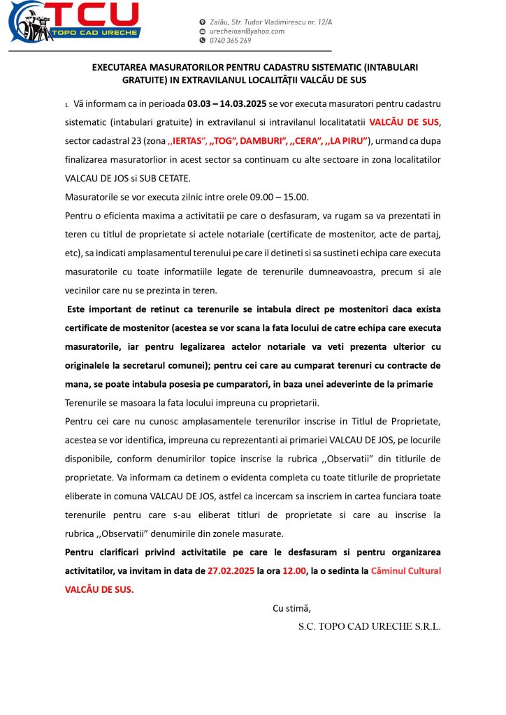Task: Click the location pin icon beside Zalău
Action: (203, 22)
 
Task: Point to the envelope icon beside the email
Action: (203, 31)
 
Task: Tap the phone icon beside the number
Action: (203, 40)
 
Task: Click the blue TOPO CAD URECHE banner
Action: (97, 33)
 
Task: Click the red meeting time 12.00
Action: (294, 570)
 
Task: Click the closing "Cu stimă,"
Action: (291, 607)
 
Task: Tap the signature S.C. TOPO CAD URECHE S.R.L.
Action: (369, 626)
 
